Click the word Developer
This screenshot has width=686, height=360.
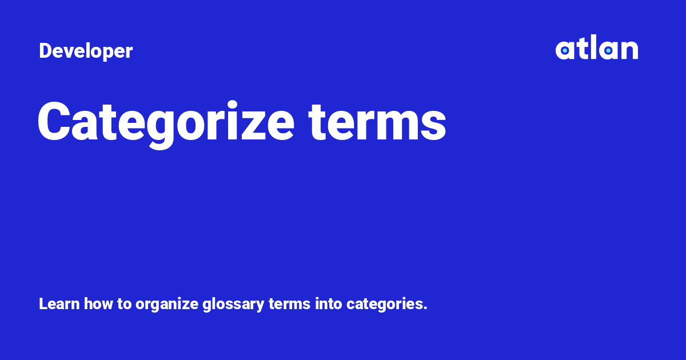[x=86, y=51]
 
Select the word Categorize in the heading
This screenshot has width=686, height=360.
[x=166, y=122]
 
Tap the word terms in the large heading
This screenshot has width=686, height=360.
[x=377, y=122]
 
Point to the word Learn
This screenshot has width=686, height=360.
[x=59, y=304]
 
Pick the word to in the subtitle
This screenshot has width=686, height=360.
[x=125, y=304]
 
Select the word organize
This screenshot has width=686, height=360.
[x=167, y=305]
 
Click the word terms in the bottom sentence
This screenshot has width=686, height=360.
[x=290, y=304]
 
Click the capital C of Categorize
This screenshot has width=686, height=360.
[x=54, y=122]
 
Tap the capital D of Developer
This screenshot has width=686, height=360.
[x=45, y=51]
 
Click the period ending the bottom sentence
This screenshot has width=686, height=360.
[x=425, y=309]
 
